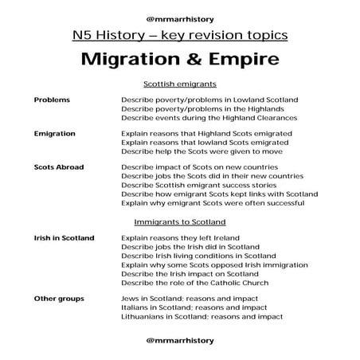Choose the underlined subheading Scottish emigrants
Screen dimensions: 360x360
(x=180, y=84)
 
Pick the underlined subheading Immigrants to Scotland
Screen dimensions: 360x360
(x=180, y=221)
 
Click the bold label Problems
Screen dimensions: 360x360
(x=52, y=100)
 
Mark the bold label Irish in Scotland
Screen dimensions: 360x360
(x=64, y=237)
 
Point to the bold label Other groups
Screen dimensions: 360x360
(x=57, y=299)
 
